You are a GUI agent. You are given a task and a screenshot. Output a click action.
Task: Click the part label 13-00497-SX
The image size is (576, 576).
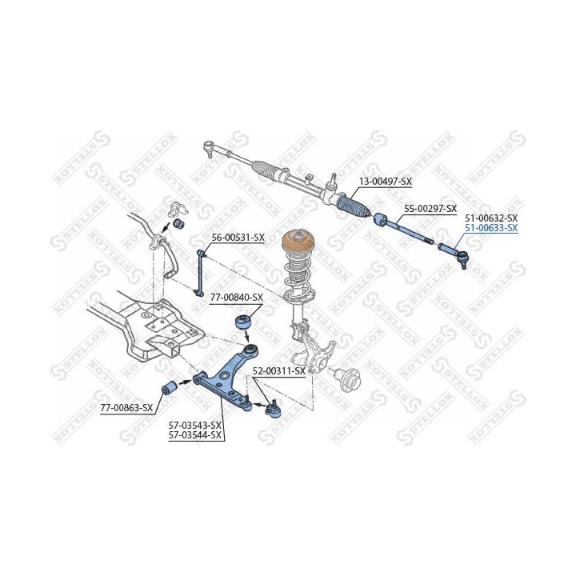pyautogui.click(x=385, y=181)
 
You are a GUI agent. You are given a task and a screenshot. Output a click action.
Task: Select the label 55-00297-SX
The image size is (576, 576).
pyautogui.click(x=430, y=209)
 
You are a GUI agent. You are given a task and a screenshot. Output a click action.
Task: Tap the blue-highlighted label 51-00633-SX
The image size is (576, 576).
pyautogui.click(x=491, y=228)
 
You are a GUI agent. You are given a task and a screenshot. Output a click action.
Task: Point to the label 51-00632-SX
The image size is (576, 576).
pyautogui.click(x=491, y=218)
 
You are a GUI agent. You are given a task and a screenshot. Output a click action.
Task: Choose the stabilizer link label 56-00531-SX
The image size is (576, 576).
pyautogui.click(x=238, y=238)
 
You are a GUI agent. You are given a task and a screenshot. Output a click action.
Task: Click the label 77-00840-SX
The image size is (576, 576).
pyautogui.click(x=237, y=297)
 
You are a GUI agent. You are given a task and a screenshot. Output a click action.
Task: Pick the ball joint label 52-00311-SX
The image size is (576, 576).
pyautogui.click(x=279, y=371)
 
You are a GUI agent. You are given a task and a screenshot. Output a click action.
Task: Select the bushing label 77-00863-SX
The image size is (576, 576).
pyautogui.click(x=126, y=407)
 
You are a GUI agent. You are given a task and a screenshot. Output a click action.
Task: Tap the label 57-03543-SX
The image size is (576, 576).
pyautogui.click(x=195, y=426)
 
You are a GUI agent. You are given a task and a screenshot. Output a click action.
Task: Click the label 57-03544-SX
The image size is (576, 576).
pyautogui.click(x=195, y=435)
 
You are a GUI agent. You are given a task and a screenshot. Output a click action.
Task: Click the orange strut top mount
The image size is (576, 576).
pyautogui.click(x=297, y=242)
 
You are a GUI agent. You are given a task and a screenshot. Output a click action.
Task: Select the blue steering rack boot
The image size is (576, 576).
pyautogui.click(x=353, y=206)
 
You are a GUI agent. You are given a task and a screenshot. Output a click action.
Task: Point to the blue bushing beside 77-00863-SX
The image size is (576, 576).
pyautogui.click(x=169, y=388)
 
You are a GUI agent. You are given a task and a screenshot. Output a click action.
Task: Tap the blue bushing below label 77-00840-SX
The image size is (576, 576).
pyautogui.click(x=242, y=322)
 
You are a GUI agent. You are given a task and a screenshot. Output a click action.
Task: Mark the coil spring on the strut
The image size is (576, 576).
pyautogui.click(x=298, y=279)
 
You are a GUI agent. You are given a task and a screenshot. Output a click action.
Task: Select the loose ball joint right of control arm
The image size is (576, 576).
pyautogui.click(x=274, y=409)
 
